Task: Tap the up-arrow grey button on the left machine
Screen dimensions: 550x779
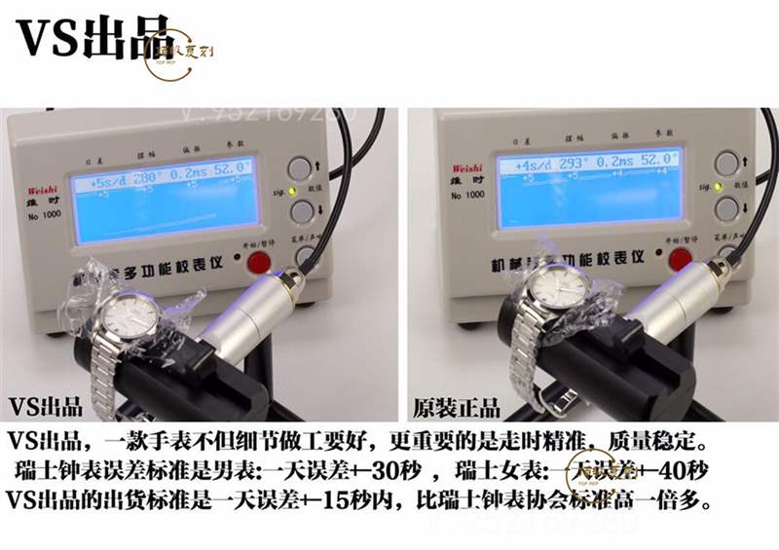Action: (304, 165)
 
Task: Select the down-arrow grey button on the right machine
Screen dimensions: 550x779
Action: (725, 207)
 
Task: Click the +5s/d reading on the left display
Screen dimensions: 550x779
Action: (110, 181)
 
